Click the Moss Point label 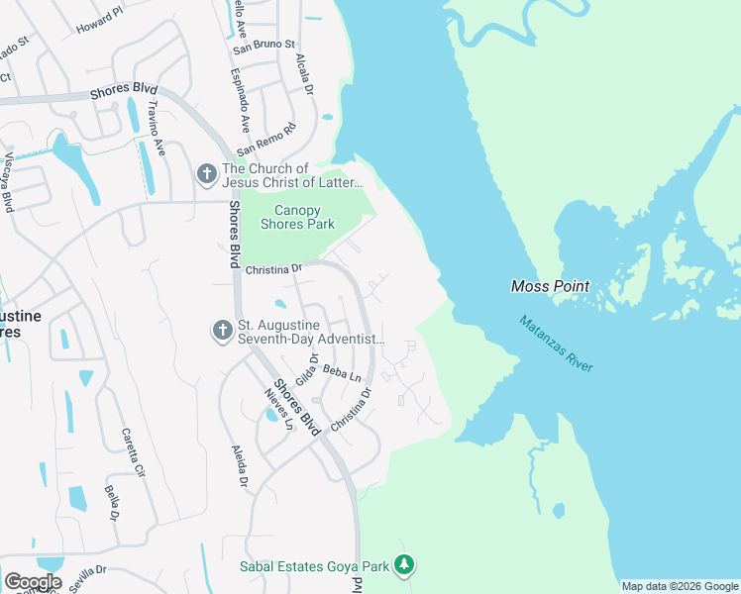(x=550, y=286)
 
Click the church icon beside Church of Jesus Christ (x=206, y=175)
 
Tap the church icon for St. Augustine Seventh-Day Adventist (x=223, y=331)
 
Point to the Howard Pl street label (x=100, y=17)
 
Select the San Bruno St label (x=265, y=45)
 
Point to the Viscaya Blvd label (x=7, y=182)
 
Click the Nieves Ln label (x=278, y=409)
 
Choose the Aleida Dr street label (x=240, y=466)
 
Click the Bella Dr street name (x=112, y=503)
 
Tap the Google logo (x=33, y=582)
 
